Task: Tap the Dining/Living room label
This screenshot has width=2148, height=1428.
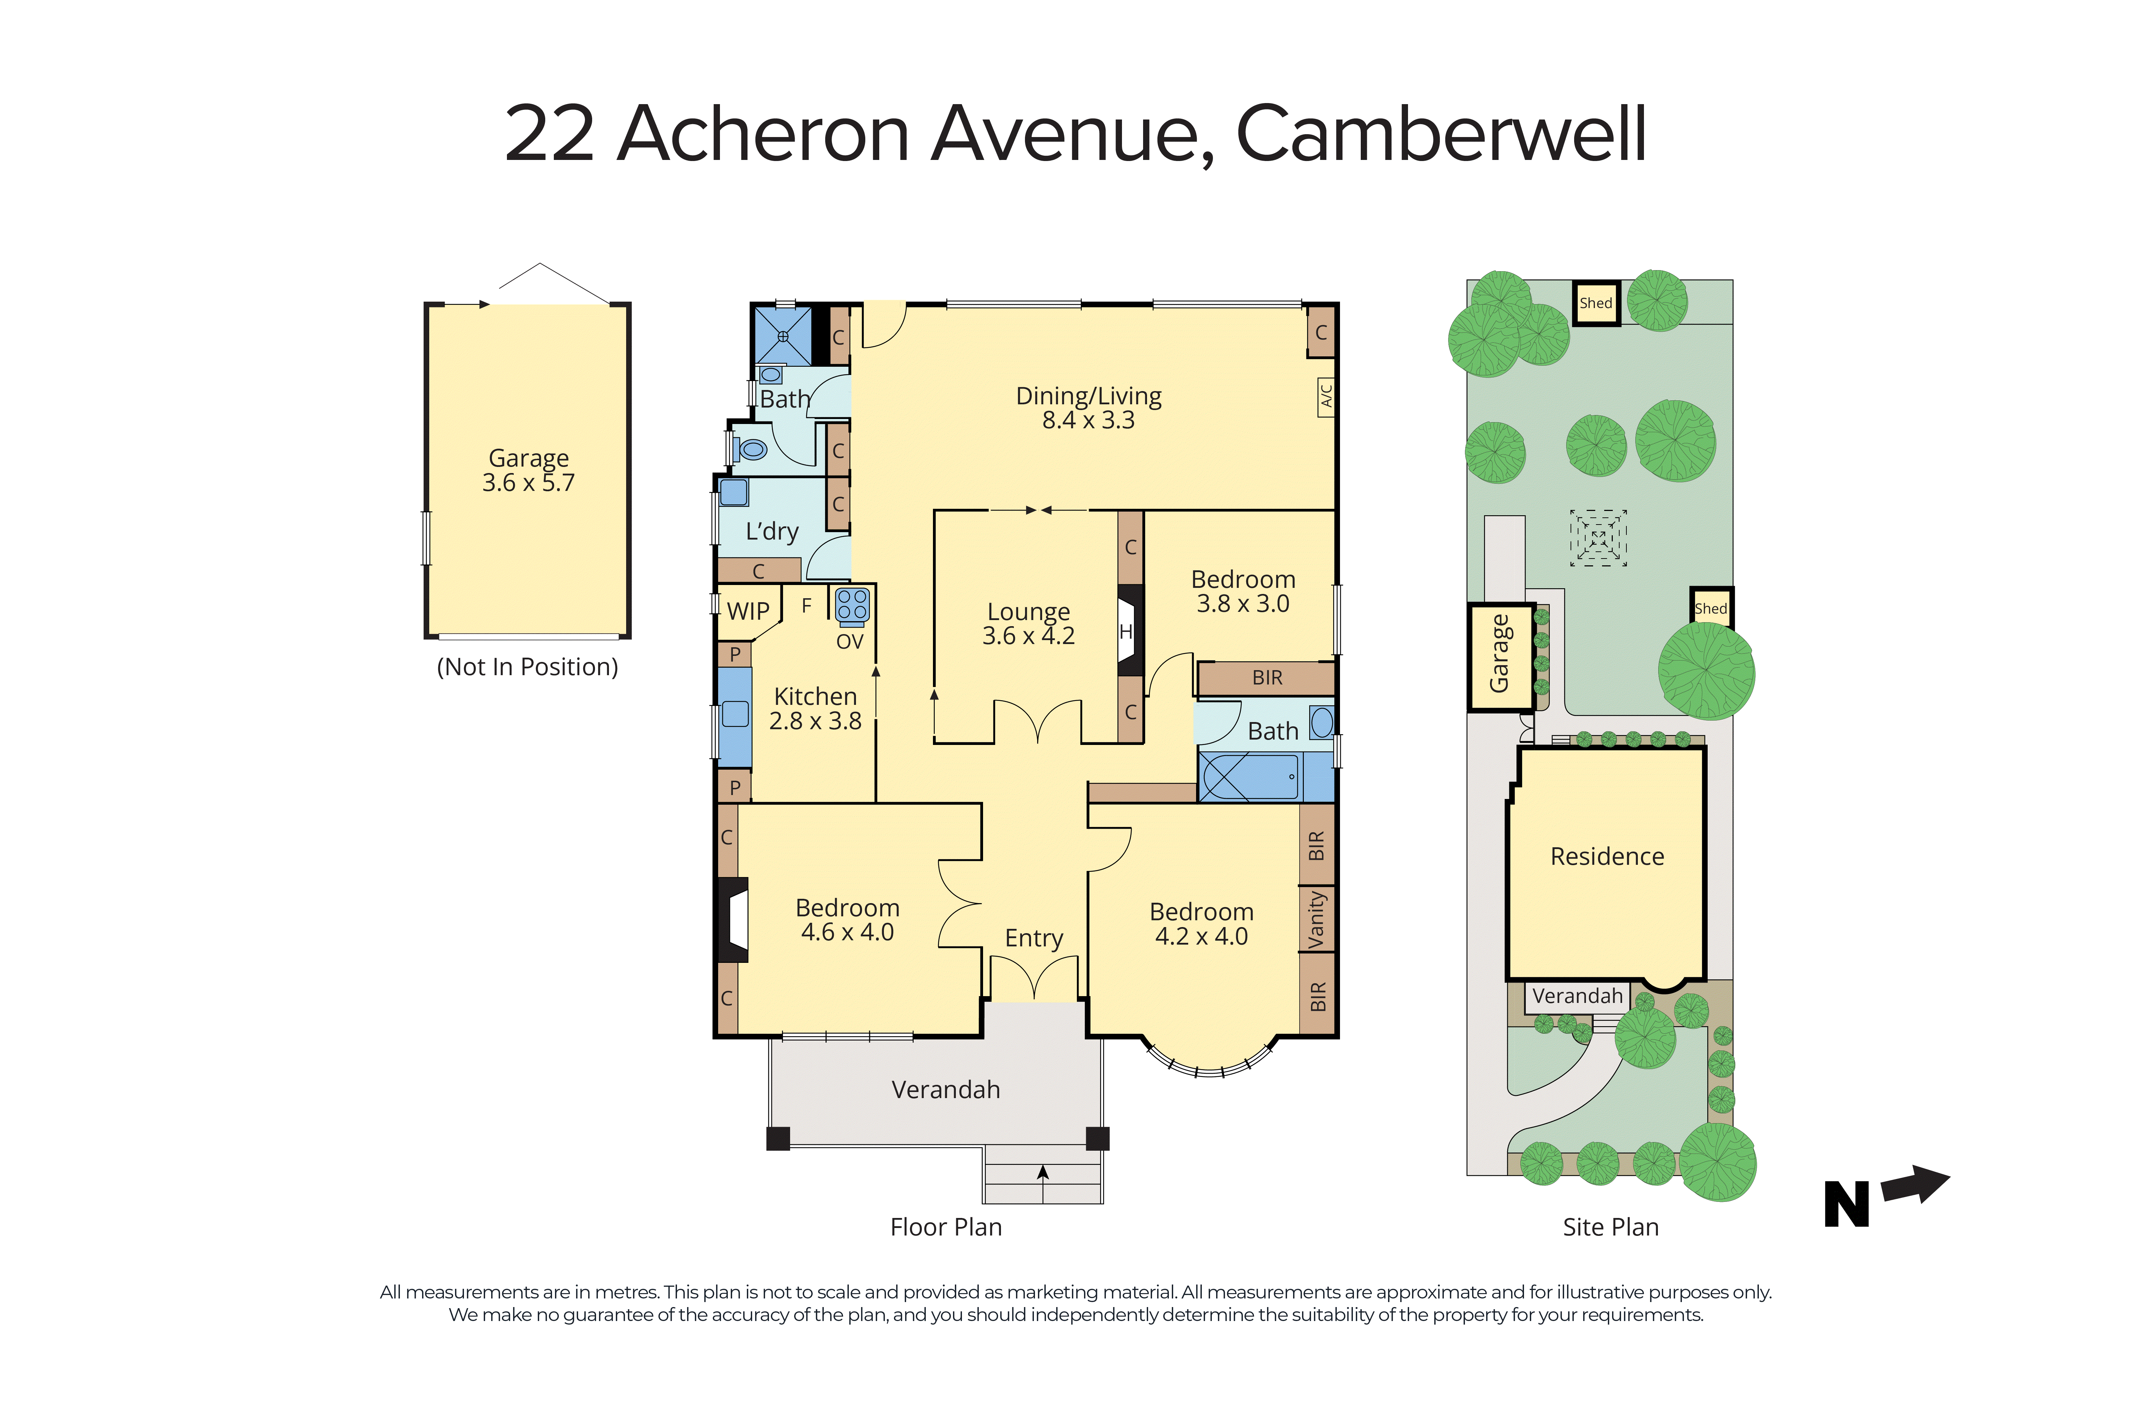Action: (1089, 396)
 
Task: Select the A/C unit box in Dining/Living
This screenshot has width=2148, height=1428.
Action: (1326, 397)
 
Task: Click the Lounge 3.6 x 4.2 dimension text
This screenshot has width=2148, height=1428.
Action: (1029, 636)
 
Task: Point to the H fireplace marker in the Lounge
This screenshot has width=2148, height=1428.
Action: (1126, 631)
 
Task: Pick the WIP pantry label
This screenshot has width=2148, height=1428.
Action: (748, 611)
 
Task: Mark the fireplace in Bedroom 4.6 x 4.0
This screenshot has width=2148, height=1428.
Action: (733, 920)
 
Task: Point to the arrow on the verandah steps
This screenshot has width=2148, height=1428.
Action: (1043, 1173)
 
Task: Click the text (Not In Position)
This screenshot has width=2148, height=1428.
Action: (527, 667)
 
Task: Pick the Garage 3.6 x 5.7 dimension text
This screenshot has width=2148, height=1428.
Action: (528, 483)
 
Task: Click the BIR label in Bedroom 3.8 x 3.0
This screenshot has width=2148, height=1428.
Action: (1267, 678)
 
